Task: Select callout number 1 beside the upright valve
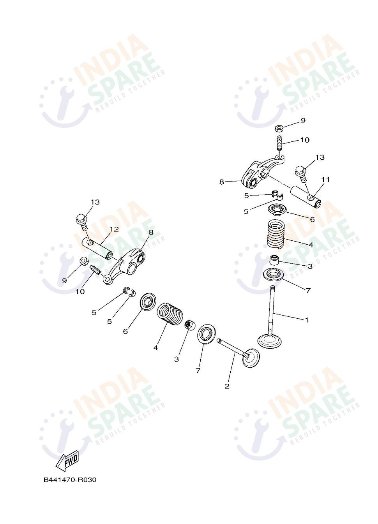coord(307,320)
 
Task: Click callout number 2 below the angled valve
coord(227,386)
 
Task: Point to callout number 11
coord(325,180)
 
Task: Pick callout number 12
coord(114,229)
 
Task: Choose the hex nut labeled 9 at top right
coord(279,128)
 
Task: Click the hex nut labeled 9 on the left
coord(83,261)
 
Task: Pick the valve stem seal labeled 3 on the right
coord(274,260)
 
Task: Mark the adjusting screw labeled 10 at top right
coord(280,143)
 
